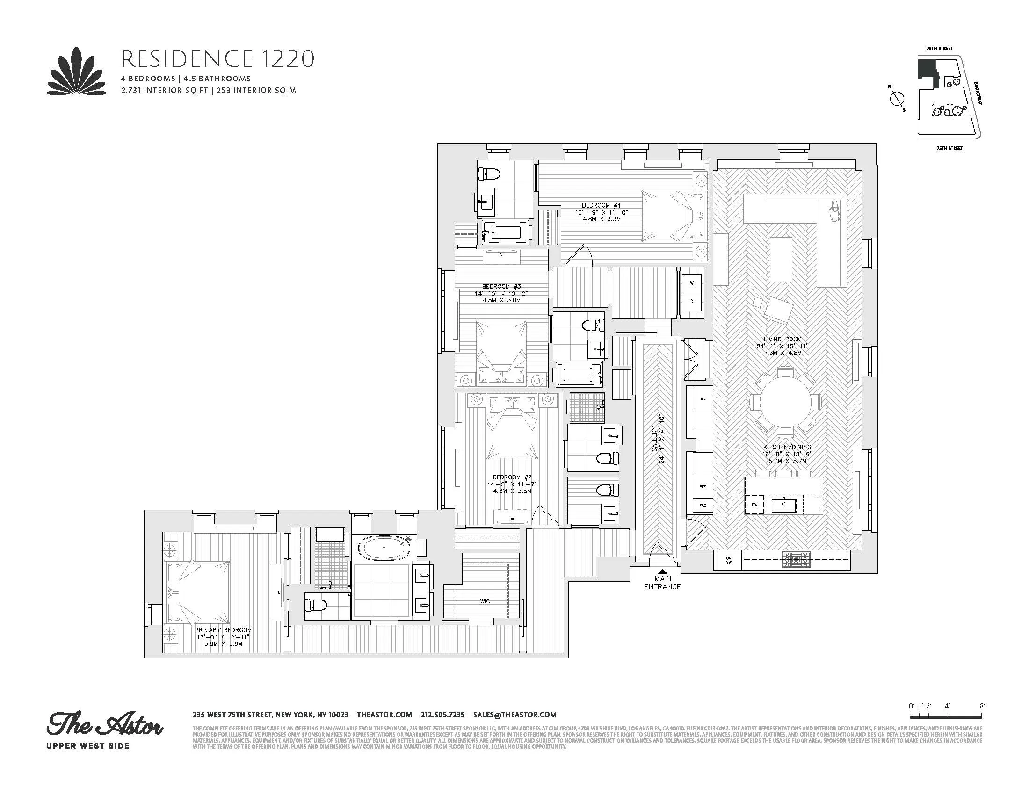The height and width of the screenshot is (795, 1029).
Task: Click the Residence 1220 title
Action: coord(217,59)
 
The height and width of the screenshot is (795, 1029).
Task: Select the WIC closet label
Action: coord(485,601)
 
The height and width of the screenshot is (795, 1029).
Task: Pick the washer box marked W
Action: coord(692,283)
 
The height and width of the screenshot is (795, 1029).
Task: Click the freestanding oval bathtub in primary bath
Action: coord(384,548)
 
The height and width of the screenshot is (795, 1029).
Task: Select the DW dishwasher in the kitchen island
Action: coord(754,505)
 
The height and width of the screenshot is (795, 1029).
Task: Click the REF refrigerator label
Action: coord(703,487)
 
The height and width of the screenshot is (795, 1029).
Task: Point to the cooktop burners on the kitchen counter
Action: coord(796,560)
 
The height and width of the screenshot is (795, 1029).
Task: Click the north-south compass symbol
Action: coord(897,99)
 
